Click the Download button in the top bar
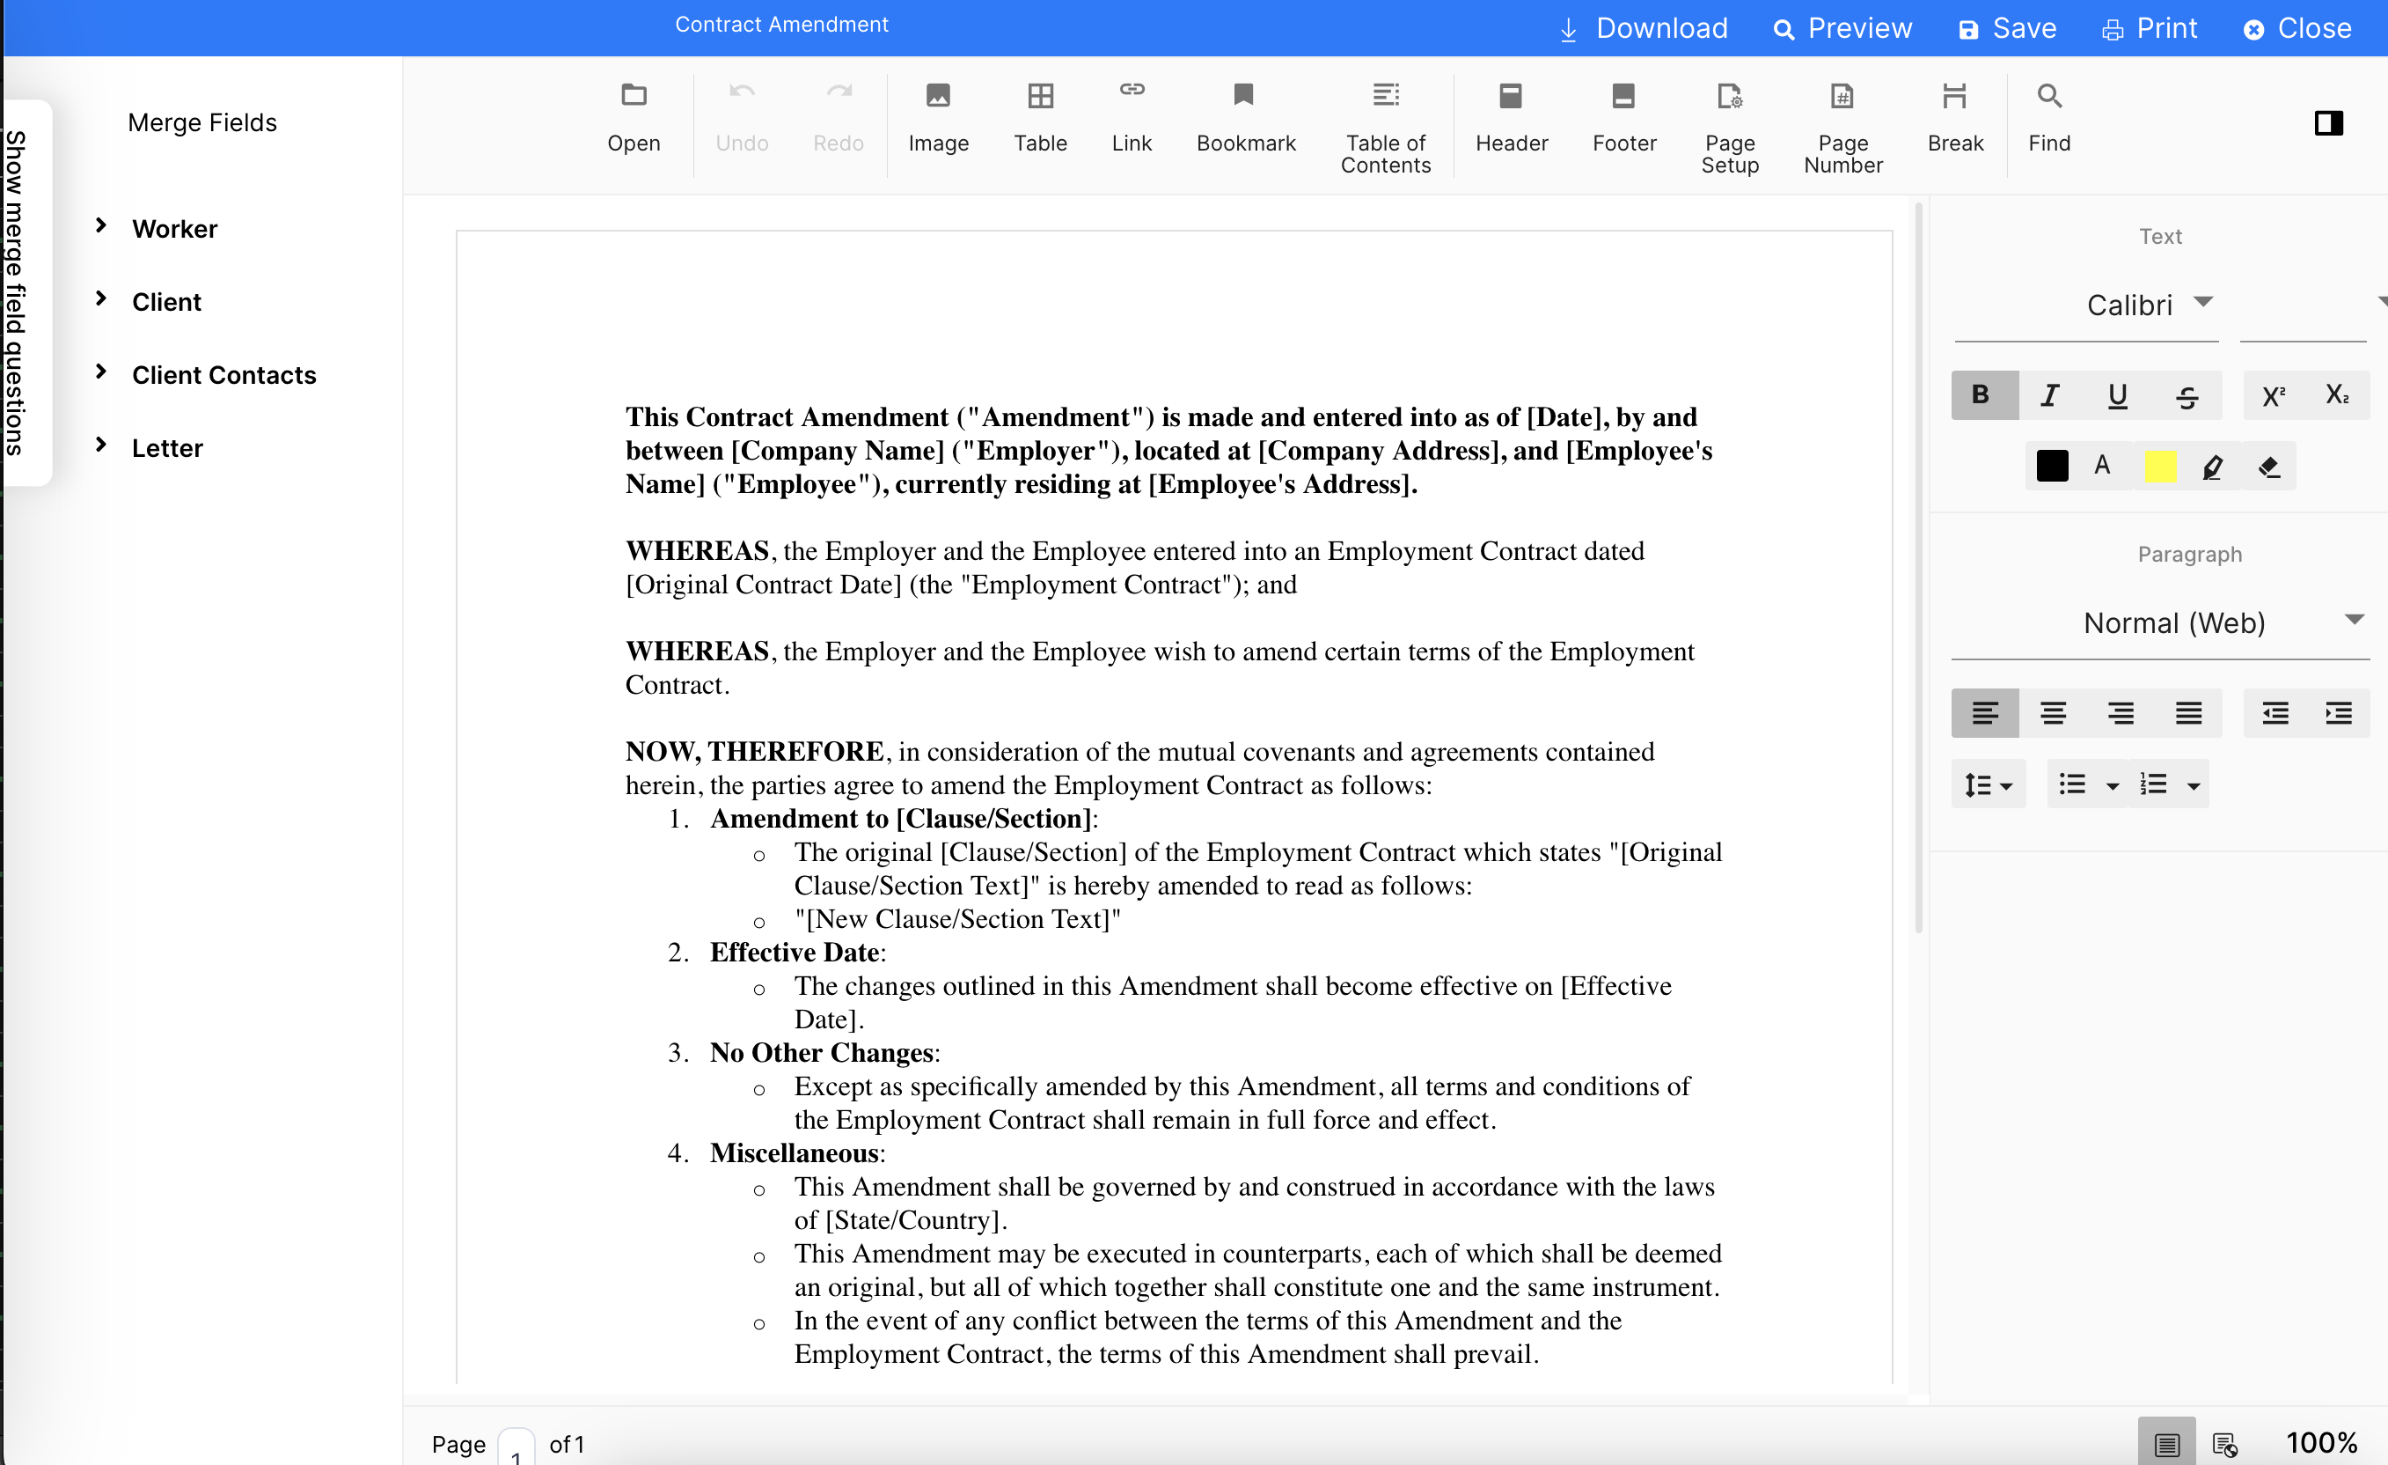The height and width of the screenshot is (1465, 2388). pos(1644,28)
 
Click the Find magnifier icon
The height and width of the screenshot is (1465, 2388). pos(2048,97)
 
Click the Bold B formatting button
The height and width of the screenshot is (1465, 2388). pos(1981,394)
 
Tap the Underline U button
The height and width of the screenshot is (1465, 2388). pos(2118,394)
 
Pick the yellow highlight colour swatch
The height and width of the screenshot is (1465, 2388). pos(2160,467)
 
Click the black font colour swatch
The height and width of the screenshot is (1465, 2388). pos(2052,467)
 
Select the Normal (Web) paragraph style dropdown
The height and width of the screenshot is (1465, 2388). pos(2174,622)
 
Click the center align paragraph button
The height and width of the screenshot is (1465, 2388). pos(2053,714)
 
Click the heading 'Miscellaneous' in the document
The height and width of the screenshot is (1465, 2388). pos(794,1152)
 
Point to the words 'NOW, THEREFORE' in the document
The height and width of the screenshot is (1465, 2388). pos(754,751)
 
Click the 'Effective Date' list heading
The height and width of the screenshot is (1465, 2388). pos(794,952)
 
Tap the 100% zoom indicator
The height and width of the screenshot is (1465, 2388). pos(2321,1443)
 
